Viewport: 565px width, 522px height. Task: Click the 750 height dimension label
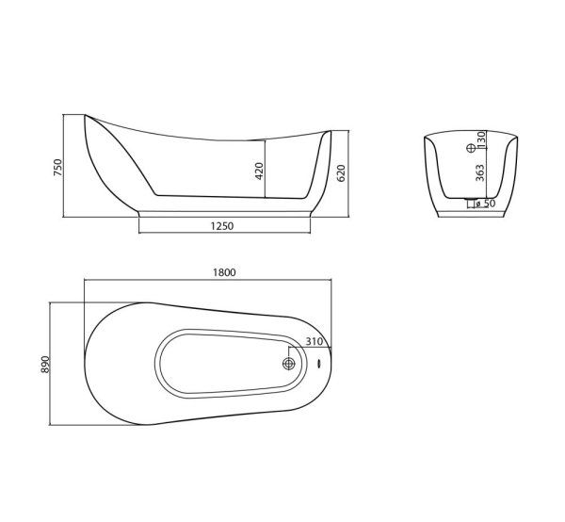[x=57, y=168]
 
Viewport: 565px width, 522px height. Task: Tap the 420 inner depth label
[x=260, y=171]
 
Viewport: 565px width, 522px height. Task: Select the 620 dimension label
[x=341, y=173]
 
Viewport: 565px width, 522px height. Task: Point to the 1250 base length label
[x=222, y=226]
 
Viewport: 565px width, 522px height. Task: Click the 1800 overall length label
[x=224, y=272]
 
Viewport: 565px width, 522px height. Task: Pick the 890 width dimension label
[x=44, y=365]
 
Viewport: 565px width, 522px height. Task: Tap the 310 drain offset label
[x=315, y=341]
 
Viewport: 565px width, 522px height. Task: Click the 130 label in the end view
[x=481, y=139]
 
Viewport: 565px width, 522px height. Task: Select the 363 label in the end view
[x=480, y=173]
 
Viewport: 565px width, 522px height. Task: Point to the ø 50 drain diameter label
[x=485, y=204]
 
